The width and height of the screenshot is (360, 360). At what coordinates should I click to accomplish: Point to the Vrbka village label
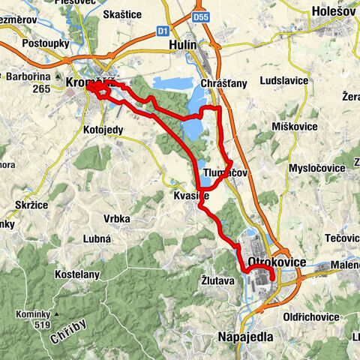point(117,218)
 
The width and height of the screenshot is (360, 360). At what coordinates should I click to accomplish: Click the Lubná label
point(98,238)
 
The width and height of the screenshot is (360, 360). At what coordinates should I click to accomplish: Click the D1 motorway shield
point(163,31)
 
